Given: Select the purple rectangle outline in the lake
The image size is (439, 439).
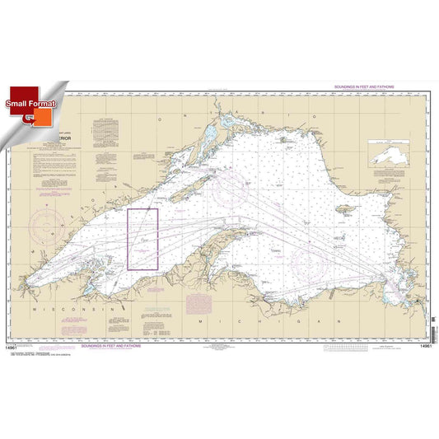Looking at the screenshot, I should pyautogui.click(x=142, y=239).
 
